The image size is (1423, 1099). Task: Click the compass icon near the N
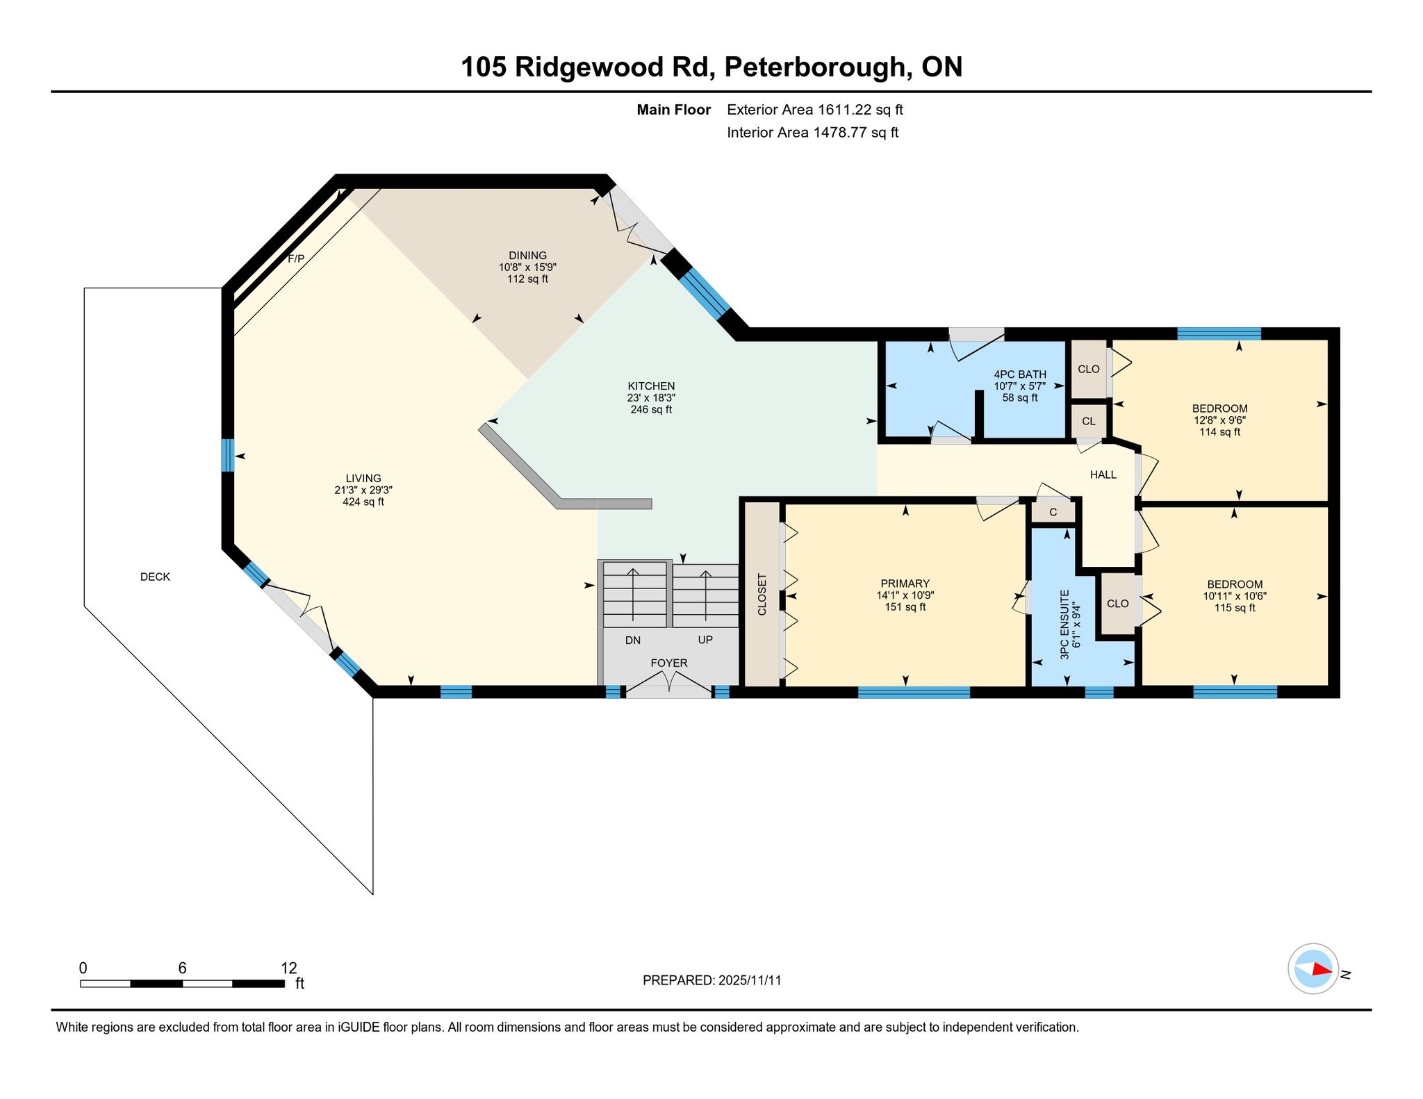1313,968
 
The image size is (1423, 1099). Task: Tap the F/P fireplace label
296,258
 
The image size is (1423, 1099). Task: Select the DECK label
155,577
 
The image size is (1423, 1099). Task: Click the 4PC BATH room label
1019,374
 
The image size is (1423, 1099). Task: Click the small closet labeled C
1053,512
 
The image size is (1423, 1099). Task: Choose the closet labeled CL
1088,421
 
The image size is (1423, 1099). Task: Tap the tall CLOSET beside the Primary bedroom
762,594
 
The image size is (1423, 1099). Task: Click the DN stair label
632,640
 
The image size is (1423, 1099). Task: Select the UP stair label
705,639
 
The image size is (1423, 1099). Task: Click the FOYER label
668,663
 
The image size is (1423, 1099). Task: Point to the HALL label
1103,474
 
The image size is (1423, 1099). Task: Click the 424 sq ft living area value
363,502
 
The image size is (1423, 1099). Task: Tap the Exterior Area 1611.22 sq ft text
814,110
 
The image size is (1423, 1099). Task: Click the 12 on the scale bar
288,968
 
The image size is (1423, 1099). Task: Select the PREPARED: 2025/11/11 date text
711,980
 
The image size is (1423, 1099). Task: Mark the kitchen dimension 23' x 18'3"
650,398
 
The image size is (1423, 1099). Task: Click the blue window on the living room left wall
227,455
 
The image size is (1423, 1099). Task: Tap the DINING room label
527,255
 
